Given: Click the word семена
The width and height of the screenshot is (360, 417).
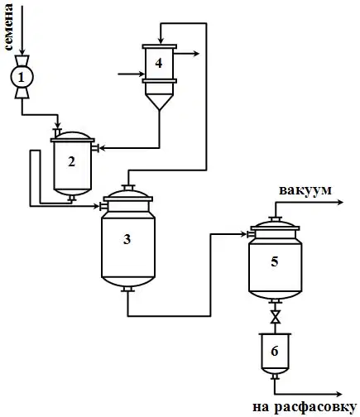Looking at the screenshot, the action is pos(8,27).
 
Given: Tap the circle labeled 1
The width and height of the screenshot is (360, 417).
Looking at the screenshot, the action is pos(22,77).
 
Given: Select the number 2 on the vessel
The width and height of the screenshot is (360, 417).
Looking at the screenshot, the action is pos(72,161).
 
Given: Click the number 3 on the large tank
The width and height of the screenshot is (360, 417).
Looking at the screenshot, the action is pos(127,239).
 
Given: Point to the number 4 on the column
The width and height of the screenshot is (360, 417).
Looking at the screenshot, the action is pos(159,63).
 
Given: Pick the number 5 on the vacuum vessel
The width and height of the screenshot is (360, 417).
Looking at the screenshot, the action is pos(275,261).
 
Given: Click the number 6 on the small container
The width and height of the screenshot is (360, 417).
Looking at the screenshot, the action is pos(275,351).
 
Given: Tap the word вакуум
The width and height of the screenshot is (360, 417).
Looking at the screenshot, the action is pos(305,191).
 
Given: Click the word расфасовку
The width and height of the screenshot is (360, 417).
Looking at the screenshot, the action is pos(315,407).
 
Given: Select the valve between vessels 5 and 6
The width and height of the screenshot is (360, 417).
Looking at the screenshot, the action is pos(275,317).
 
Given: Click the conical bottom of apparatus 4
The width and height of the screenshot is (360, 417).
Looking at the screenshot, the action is pos(159,102).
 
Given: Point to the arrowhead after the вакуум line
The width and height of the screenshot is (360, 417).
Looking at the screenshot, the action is pos(340,202).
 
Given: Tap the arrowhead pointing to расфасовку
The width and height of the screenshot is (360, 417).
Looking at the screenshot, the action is pos(338,394).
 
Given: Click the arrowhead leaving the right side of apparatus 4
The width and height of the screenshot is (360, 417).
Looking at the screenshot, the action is pos(196,54).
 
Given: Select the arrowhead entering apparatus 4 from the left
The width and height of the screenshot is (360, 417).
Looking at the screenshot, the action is pos(142,74).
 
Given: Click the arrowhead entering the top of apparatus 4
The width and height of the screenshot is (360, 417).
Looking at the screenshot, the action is pos(161,41).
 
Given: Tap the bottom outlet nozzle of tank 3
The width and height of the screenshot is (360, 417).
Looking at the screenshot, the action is pos(127,289).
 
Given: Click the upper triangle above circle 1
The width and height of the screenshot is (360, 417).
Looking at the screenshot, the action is pos(22,60).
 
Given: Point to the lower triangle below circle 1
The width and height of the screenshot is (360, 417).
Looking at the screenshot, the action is pos(22,93).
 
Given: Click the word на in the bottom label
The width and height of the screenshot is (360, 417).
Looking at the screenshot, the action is pos(261,407).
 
